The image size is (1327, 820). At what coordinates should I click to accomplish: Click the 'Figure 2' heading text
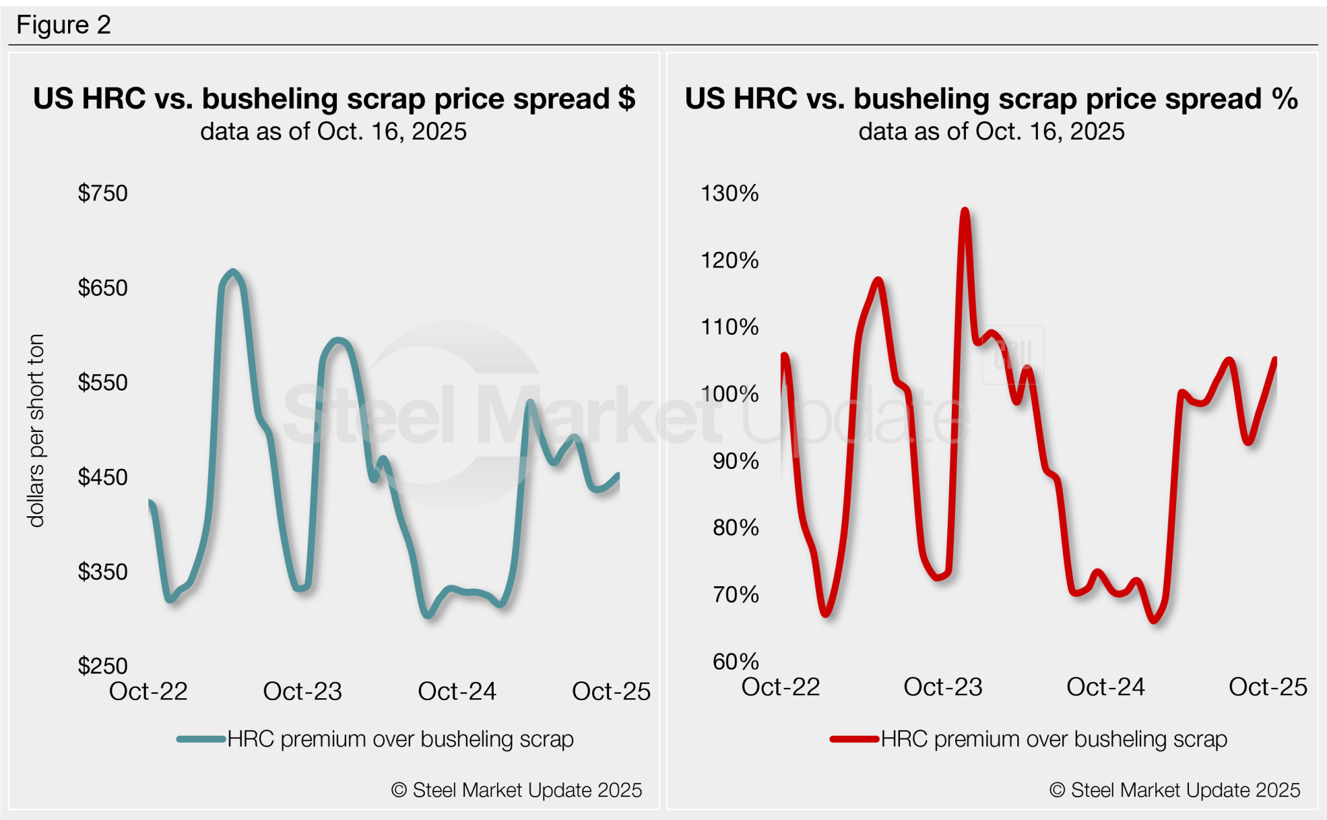pos(63,25)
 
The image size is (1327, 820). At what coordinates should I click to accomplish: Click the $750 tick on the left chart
pos(102,193)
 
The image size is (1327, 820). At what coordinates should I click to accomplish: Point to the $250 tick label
pos(102,666)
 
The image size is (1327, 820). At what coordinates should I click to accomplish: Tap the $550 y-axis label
pos(102,382)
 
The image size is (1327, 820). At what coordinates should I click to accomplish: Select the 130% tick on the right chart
pos(730,193)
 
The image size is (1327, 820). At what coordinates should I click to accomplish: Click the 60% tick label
pos(735,661)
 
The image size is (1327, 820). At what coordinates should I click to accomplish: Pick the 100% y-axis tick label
pos(730,394)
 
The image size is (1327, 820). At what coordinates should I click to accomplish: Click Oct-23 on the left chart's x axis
pos(302,691)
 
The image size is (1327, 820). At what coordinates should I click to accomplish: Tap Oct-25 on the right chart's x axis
pos(1267,687)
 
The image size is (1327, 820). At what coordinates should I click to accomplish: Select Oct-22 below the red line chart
pos(780,687)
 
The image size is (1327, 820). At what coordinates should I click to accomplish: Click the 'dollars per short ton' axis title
pos(36,431)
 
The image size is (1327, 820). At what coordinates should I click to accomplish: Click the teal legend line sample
pos(202,739)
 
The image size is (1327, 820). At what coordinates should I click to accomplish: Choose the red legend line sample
pos(855,739)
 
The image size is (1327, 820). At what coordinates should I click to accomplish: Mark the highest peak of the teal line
pos(233,271)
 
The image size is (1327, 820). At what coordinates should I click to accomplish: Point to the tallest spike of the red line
pos(965,211)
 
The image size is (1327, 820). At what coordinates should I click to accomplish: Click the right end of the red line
pos(1275,360)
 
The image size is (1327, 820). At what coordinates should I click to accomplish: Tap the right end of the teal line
pos(618,475)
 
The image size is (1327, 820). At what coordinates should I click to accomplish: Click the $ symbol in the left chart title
pos(626,99)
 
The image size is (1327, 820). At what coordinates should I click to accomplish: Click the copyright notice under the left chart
pos(516,790)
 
